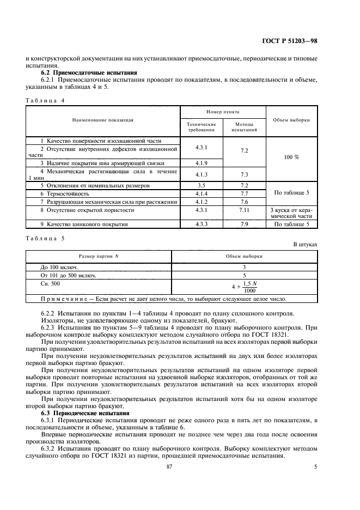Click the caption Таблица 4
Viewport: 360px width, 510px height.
coord(45,100)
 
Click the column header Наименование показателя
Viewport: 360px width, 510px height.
coord(102,119)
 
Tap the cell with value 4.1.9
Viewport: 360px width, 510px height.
coord(202,162)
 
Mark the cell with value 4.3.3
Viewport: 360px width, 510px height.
coord(202,224)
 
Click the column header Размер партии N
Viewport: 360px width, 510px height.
coord(99,255)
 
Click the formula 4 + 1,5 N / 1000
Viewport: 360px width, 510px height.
coord(243,287)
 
